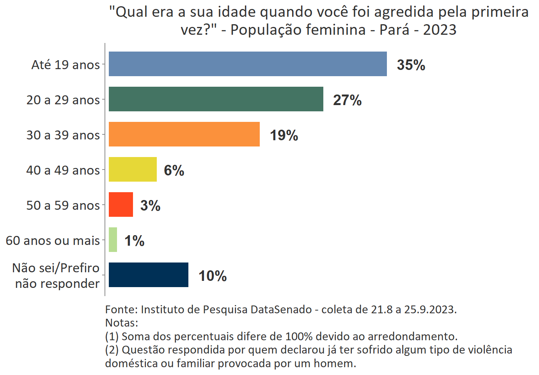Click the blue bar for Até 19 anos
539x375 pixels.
(x=248, y=64)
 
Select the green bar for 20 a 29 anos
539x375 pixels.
(x=216, y=99)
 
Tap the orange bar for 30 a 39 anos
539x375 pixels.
(x=184, y=134)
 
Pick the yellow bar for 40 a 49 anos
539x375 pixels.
(x=133, y=170)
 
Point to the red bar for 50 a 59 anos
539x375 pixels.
(x=121, y=205)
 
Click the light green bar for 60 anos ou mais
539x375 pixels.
(x=113, y=240)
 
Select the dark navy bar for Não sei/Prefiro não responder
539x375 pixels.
(x=148, y=275)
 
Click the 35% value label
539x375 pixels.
(x=411, y=65)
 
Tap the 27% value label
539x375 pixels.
(x=347, y=100)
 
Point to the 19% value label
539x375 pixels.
(x=284, y=135)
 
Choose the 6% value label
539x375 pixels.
(x=174, y=170)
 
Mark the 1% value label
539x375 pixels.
(x=134, y=241)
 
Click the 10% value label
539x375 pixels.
(x=213, y=276)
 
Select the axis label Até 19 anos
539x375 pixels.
(x=66, y=64)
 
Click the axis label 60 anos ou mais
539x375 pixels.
(x=53, y=240)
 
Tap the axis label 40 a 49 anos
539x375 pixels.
(x=63, y=170)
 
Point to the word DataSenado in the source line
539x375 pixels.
(x=281, y=309)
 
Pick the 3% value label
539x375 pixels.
(x=150, y=205)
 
